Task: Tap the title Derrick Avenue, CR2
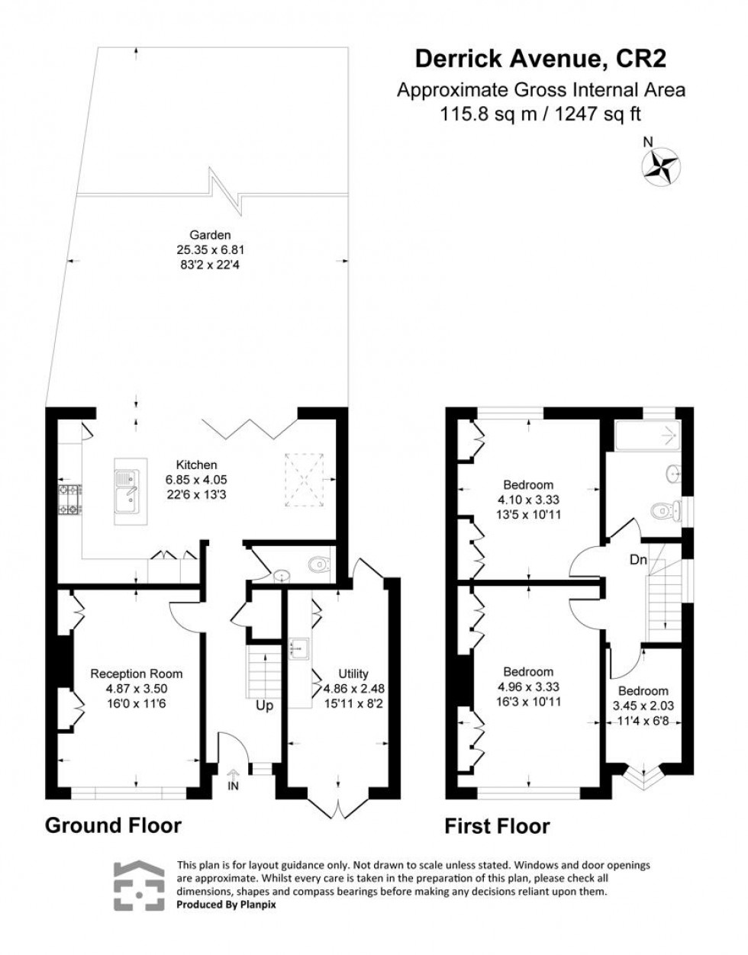tap(544, 59)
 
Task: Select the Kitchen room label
tap(196, 465)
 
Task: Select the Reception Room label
tap(137, 674)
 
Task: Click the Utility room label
tap(353, 674)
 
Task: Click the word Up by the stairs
tap(264, 706)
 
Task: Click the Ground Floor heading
tap(114, 825)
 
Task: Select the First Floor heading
tap(498, 826)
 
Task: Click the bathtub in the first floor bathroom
tap(647, 437)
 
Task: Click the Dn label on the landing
tap(638, 560)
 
